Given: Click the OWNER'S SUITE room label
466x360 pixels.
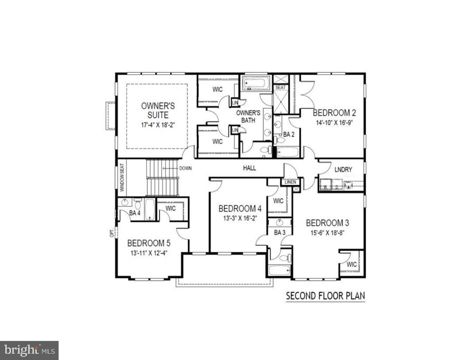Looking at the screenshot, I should tap(158, 110).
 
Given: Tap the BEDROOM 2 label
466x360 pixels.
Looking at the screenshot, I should tap(334, 113).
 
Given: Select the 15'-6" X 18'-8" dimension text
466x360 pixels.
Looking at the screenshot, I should tap(327, 233).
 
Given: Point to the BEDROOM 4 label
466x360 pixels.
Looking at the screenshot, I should tap(240, 209).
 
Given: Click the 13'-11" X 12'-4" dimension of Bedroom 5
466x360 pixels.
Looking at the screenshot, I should tap(149, 253).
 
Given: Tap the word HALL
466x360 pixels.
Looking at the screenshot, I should tap(249, 168).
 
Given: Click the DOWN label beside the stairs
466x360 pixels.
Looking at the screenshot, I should tap(185, 168).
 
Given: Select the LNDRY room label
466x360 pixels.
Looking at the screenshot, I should tap(343, 170).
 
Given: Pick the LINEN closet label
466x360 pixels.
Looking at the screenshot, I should tap(290, 182).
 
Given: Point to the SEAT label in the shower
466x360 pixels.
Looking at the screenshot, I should tap(281, 88).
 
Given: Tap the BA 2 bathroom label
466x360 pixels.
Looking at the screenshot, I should tap(288, 134).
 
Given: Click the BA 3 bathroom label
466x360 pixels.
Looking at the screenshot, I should tap(279, 233).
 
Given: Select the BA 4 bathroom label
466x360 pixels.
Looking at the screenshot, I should tap(135, 213).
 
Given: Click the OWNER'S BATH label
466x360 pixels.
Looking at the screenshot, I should tap(248, 116).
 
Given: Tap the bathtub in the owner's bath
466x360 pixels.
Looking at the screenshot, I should tap(256, 83).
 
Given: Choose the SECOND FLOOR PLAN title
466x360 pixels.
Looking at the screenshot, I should tap(325, 295).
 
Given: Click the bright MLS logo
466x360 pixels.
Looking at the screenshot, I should tap(29, 350).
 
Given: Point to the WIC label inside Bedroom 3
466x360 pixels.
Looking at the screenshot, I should tap(352, 264).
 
